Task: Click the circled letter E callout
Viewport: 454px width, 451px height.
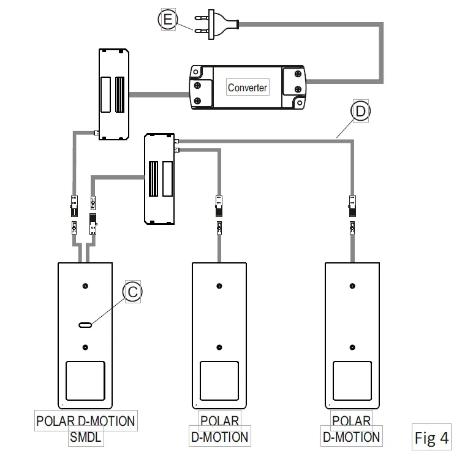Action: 167,20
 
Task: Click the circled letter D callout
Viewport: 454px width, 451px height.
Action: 360,111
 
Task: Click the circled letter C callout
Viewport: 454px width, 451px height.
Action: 132,292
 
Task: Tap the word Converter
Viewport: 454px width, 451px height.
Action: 248,88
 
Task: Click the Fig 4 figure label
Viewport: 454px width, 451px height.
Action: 431,438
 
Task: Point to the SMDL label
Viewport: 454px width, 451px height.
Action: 85,438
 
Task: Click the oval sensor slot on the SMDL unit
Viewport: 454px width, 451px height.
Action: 86,324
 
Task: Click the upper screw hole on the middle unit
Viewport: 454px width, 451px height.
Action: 219,286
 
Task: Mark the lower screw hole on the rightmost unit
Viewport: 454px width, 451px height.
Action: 352,346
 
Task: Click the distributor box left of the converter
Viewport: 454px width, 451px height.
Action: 114,94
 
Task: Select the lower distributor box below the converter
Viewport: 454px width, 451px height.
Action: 159,178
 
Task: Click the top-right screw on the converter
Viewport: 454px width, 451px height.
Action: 298,74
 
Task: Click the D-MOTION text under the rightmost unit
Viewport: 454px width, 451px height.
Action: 352,437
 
